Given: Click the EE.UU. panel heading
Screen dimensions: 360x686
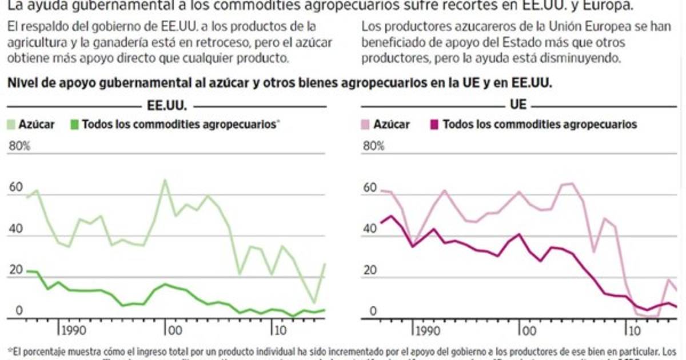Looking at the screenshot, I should (166, 105).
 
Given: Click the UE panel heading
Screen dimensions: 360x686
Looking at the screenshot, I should (518, 105).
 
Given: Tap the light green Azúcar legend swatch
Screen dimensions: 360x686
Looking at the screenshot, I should (11, 124).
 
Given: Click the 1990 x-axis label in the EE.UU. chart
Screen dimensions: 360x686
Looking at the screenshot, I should (74, 331).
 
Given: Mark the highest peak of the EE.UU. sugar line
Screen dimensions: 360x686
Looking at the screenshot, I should (165, 180).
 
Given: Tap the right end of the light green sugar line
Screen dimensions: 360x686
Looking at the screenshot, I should (325, 263).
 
